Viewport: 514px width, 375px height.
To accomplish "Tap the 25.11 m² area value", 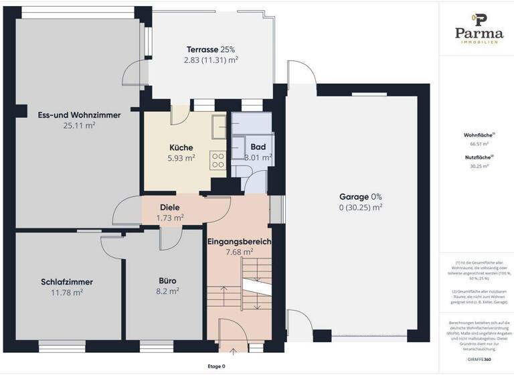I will [80, 125].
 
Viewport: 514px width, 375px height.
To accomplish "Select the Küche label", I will [181, 148].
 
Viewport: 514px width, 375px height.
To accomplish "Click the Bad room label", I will [258, 147].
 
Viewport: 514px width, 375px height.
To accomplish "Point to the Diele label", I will [169, 208].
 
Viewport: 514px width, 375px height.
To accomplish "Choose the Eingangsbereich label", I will [239, 241].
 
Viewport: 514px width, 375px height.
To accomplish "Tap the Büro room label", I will [167, 281].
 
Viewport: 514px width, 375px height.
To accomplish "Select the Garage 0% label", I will [360, 197].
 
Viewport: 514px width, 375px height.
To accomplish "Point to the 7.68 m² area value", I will [239, 252].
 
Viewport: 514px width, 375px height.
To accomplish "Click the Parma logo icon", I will [479, 20].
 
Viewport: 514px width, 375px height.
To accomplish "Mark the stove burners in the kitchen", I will [218, 160].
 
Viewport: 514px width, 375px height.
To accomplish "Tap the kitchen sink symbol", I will [218, 125].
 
